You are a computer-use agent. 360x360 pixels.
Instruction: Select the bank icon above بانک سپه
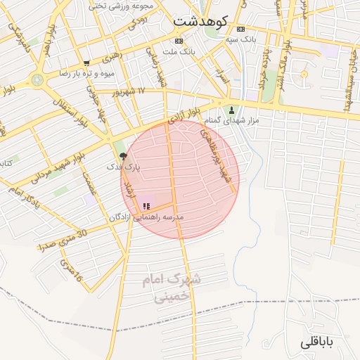pyautogui.click(x=241, y=30)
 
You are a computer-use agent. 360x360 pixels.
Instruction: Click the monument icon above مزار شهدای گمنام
pyautogui.click(x=231, y=110)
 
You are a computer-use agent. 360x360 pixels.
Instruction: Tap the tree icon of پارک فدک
pyautogui.click(x=124, y=157)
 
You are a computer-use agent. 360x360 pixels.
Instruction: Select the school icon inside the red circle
pyautogui.click(x=146, y=206)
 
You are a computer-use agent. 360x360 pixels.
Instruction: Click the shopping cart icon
pyautogui.click(x=86, y=63)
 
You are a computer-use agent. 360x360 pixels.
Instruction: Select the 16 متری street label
pyautogui.click(x=72, y=271)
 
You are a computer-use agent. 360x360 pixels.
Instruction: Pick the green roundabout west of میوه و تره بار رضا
pyautogui.click(x=37, y=79)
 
